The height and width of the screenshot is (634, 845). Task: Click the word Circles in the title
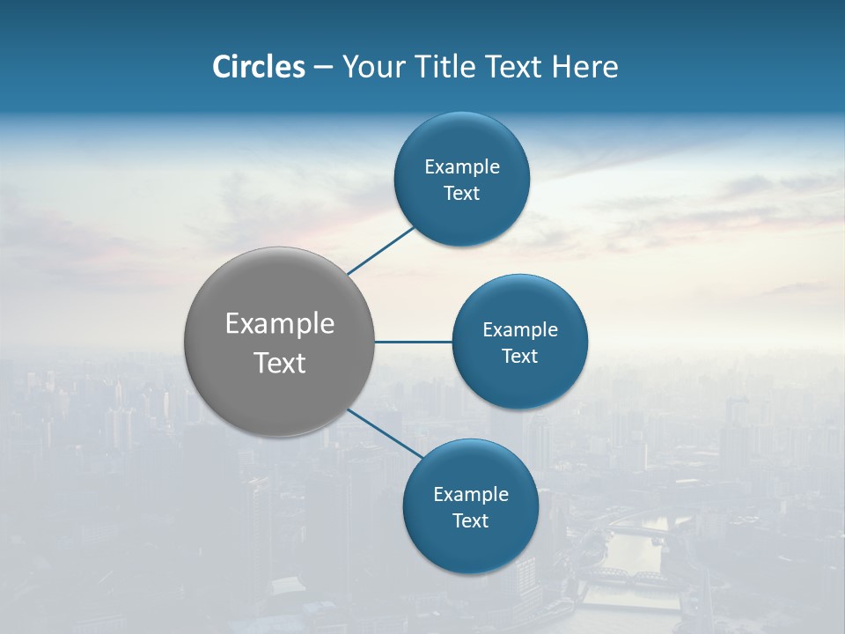[x=259, y=67]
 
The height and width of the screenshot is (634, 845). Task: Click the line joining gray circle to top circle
[x=380, y=250]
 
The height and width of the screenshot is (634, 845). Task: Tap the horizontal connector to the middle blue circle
[x=413, y=342]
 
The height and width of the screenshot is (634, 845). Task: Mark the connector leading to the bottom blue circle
[x=385, y=432]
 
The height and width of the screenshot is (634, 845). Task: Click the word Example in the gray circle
[x=280, y=324]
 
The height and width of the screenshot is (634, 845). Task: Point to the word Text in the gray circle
[x=280, y=363]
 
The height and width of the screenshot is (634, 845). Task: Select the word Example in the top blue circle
[x=462, y=167]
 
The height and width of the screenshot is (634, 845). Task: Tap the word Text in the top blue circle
[x=461, y=194]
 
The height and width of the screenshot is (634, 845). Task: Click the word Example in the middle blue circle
[x=520, y=330]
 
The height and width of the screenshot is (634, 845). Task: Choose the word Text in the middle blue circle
[x=519, y=356]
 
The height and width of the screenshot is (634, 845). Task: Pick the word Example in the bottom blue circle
[x=471, y=495]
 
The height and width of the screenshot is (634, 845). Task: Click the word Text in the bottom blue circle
[x=470, y=520]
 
